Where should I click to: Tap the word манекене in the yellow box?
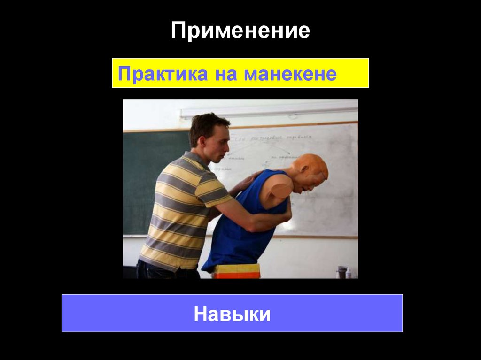tap(290, 74)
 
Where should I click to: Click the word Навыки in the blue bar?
tap(232, 314)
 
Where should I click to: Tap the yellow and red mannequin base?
tap(237, 271)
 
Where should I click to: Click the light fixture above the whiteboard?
tap(268, 111)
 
